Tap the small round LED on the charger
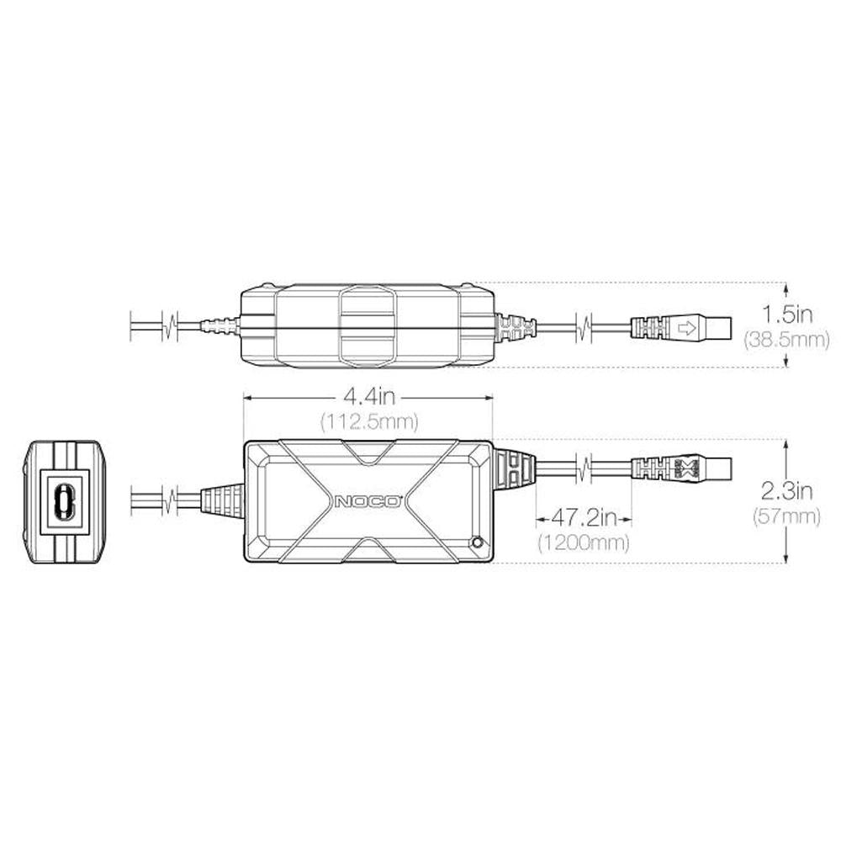pyautogui.click(x=478, y=543)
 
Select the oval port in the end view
pyautogui.click(x=62, y=502)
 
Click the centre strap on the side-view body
pyautogui.click(x=367, y=326)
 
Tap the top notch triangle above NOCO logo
pyautogui.click(x=368, y=454)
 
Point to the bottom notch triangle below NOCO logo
pyautogui.click(x=368, y=550)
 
